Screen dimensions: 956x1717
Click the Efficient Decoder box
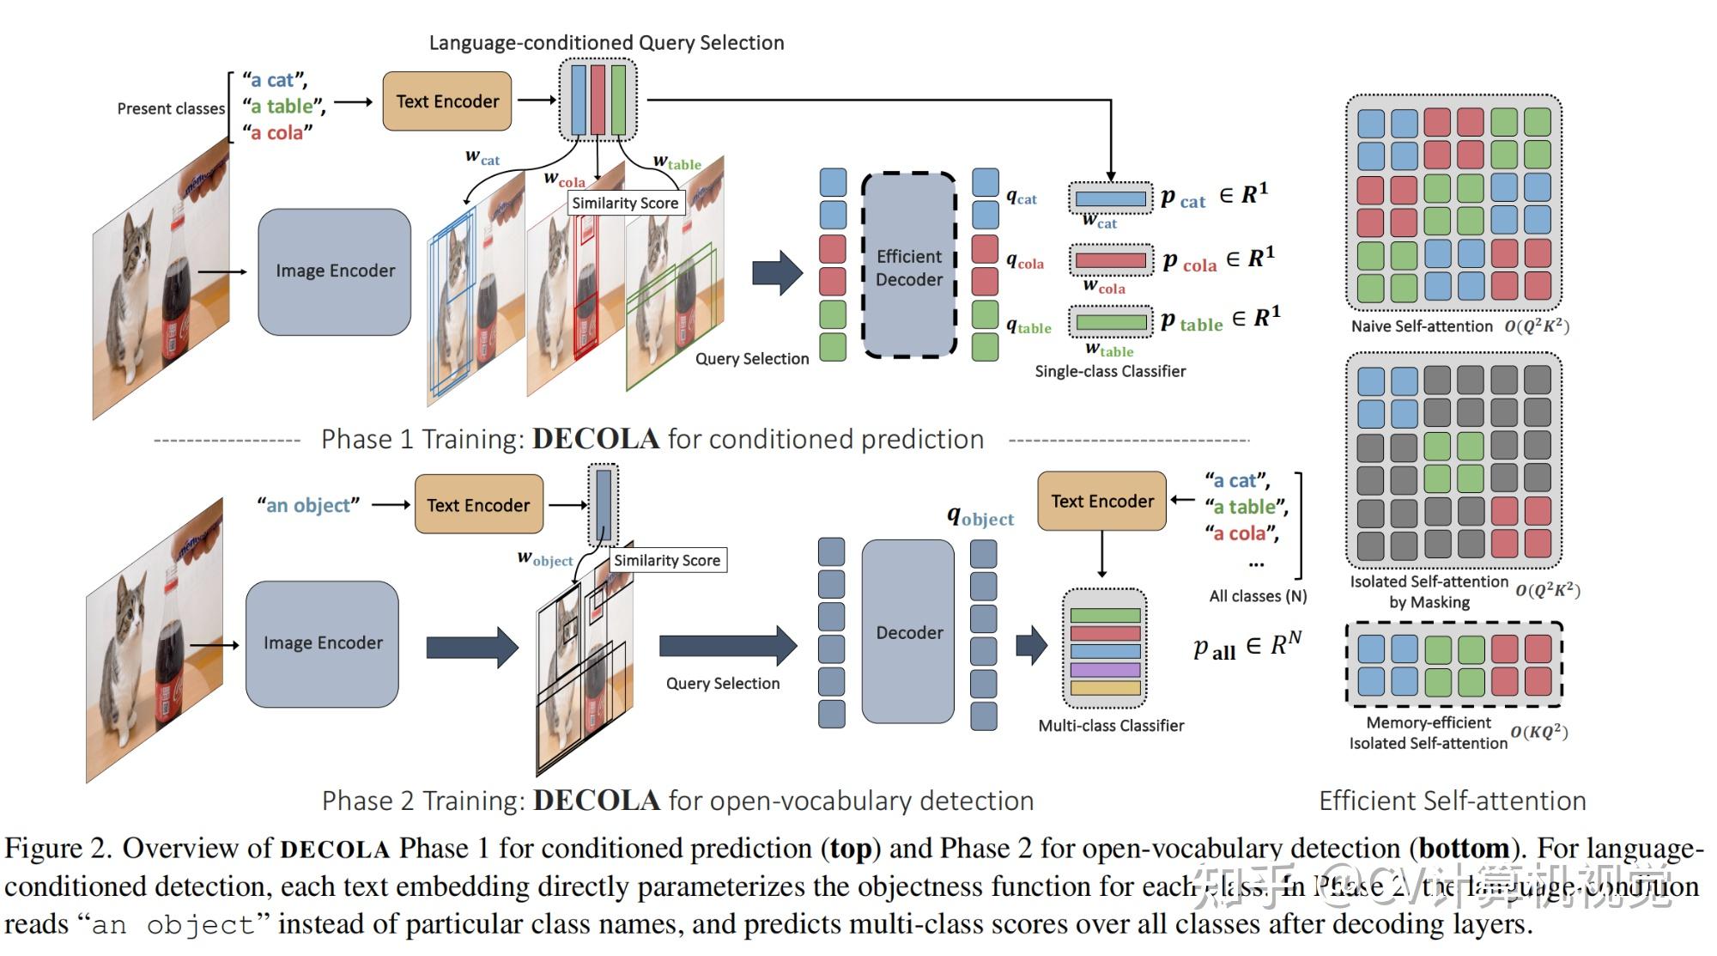[908, 266]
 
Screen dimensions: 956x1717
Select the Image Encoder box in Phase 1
[335, 271]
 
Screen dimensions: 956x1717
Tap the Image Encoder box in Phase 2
[322, 643]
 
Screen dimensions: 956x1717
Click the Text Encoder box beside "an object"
[478, 505]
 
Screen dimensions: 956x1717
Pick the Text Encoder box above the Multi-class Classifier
[1101, 501]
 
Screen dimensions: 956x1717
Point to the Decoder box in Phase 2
[908, 632]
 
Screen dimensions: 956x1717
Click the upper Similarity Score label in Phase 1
[625, 203]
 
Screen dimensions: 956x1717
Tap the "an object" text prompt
[308, 505]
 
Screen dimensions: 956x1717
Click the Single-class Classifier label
[1109, 371]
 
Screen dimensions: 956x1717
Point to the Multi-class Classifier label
[1110, 726]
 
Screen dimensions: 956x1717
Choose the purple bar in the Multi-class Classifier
[1105, 669]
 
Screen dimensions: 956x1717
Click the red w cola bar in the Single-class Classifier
[1110, 260]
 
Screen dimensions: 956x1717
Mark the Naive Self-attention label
[1421, 326]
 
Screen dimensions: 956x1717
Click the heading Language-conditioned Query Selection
[606, 42]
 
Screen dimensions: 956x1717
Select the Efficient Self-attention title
[1452, 801]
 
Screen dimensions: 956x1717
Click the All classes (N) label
[1258, 596]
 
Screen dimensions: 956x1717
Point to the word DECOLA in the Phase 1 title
[596, 439]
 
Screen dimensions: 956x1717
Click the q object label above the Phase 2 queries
[980, 517]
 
